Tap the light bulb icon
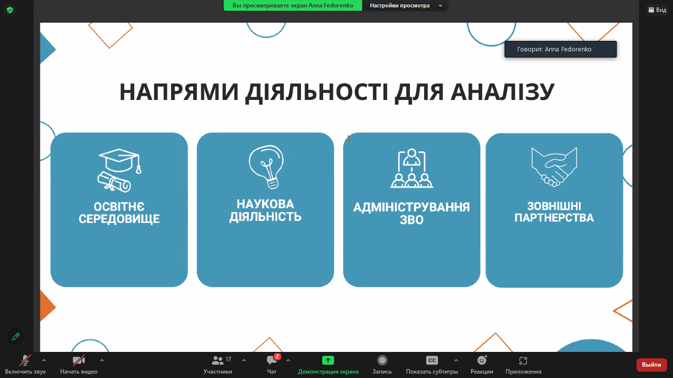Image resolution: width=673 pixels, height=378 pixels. (x=266, y=167)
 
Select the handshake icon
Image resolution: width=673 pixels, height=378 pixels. (x=554, y=167)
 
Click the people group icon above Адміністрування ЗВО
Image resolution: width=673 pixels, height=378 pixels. (x=411, y=168)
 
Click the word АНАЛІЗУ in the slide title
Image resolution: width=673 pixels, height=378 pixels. (x=503, y=92)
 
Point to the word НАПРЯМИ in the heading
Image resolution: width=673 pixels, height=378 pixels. (x=179, y=92)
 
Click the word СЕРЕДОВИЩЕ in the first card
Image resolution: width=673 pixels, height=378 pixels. (x=119, y=219)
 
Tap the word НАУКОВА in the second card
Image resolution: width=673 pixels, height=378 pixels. (x=265, y=204)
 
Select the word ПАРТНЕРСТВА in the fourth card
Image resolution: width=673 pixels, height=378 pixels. (x=554, y=218)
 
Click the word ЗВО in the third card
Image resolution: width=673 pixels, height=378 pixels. (x=411, y=220)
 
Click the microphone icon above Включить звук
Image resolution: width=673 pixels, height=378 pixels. (x=25, y=360)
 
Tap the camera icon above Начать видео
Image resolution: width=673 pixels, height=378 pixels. (x=79, y=360)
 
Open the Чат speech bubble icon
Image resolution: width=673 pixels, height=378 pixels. (x=271, y=360)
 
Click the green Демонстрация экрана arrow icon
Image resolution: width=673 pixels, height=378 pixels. (x=328, y=360)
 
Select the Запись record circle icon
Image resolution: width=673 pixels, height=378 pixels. (x=382, y=360)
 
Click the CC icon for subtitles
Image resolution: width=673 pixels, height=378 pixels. (x=432, y=360)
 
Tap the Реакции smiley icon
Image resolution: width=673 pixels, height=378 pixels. (x=482, y=360)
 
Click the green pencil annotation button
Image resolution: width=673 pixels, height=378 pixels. (x=16, y=337)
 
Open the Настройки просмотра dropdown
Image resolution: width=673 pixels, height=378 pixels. (x=405, y=5)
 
